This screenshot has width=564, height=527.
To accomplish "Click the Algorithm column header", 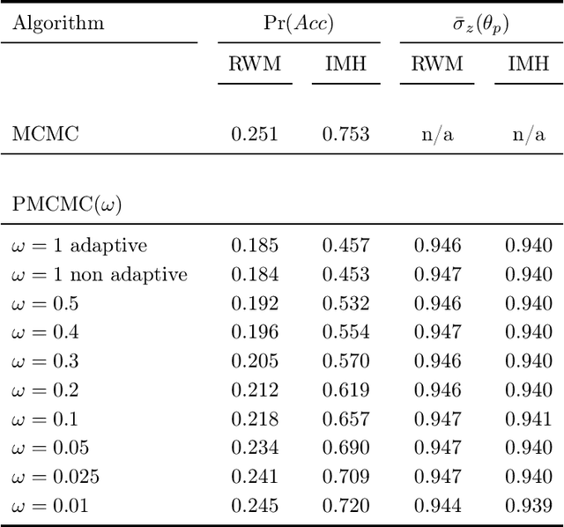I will (58, 23).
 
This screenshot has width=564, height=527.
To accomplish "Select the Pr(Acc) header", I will (299, 23).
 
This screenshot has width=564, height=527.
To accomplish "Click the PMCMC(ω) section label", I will (67, 204).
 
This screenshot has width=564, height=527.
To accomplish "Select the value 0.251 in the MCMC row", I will (255, 134).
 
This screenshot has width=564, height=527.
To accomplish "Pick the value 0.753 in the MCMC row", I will (345, 134).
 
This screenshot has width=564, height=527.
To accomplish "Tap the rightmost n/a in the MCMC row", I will (528, 134).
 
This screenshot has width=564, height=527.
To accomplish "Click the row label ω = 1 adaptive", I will (79, 245).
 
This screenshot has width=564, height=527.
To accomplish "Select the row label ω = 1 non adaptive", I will (100, 274).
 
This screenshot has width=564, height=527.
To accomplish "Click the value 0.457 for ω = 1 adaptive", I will (345, 245).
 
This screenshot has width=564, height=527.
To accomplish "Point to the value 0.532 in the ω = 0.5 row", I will (345, 303).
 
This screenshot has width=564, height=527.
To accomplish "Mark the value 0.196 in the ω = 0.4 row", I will (255, 332).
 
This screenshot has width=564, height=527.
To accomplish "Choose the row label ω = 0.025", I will (56, 477).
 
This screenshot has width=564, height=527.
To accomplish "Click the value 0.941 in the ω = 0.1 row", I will (528, 419).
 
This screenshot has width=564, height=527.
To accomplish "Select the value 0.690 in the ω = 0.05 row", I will (345, 448).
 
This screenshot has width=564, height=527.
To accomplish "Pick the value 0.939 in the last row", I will (528, 506).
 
